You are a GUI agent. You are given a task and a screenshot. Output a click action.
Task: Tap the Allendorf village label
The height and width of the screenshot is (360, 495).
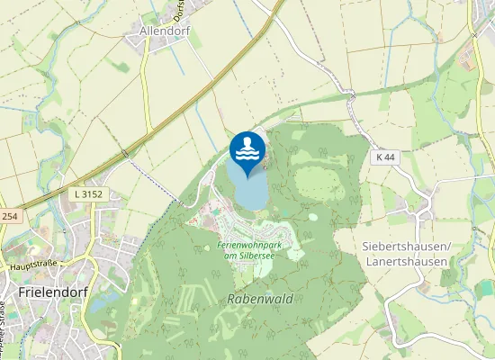pyautogui.click(x=167, y=31)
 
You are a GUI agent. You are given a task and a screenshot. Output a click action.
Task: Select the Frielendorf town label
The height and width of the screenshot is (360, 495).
pyautogui.click(x=51, y=293)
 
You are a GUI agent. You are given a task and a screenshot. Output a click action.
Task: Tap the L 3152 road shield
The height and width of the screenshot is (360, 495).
pyautogui.click(x=85, y=193)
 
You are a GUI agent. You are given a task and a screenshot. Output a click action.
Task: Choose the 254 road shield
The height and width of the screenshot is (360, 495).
pyautogui.click(x=9, y=217)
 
